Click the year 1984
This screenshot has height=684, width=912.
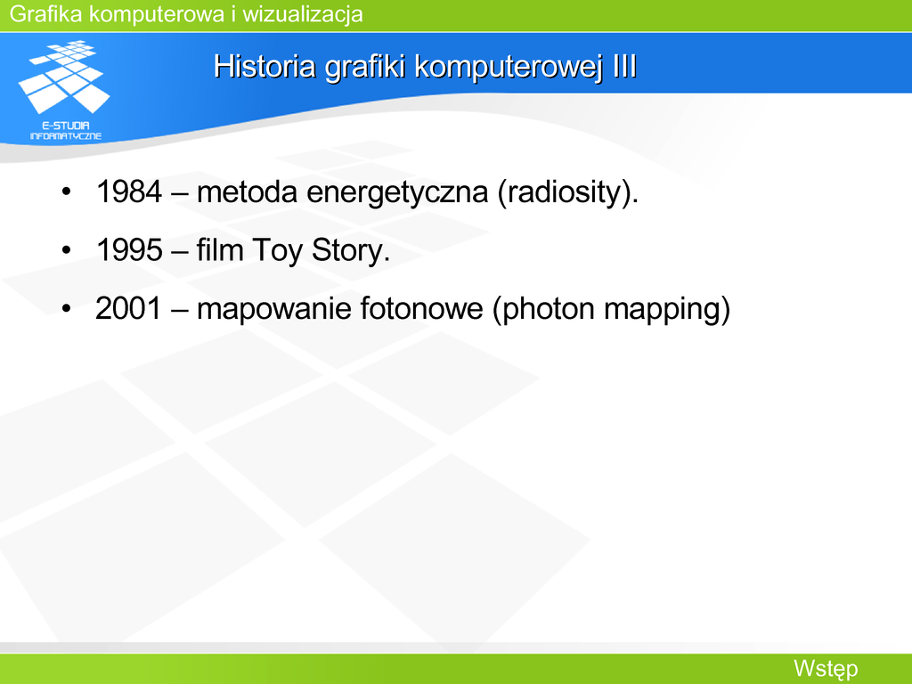point(128,191)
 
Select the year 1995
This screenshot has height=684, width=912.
point(128,249)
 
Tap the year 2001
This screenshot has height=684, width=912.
point(128,307)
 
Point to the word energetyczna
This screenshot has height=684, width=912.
point(397,193)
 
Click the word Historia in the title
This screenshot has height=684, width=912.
point(265,66)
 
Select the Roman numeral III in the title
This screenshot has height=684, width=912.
point(624,66)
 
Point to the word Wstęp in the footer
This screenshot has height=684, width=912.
point(826,669)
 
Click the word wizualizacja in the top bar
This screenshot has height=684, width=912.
point(303,14)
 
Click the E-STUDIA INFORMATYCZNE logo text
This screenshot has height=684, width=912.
point(66,130)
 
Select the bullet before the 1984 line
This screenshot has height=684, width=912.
point(66,191)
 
